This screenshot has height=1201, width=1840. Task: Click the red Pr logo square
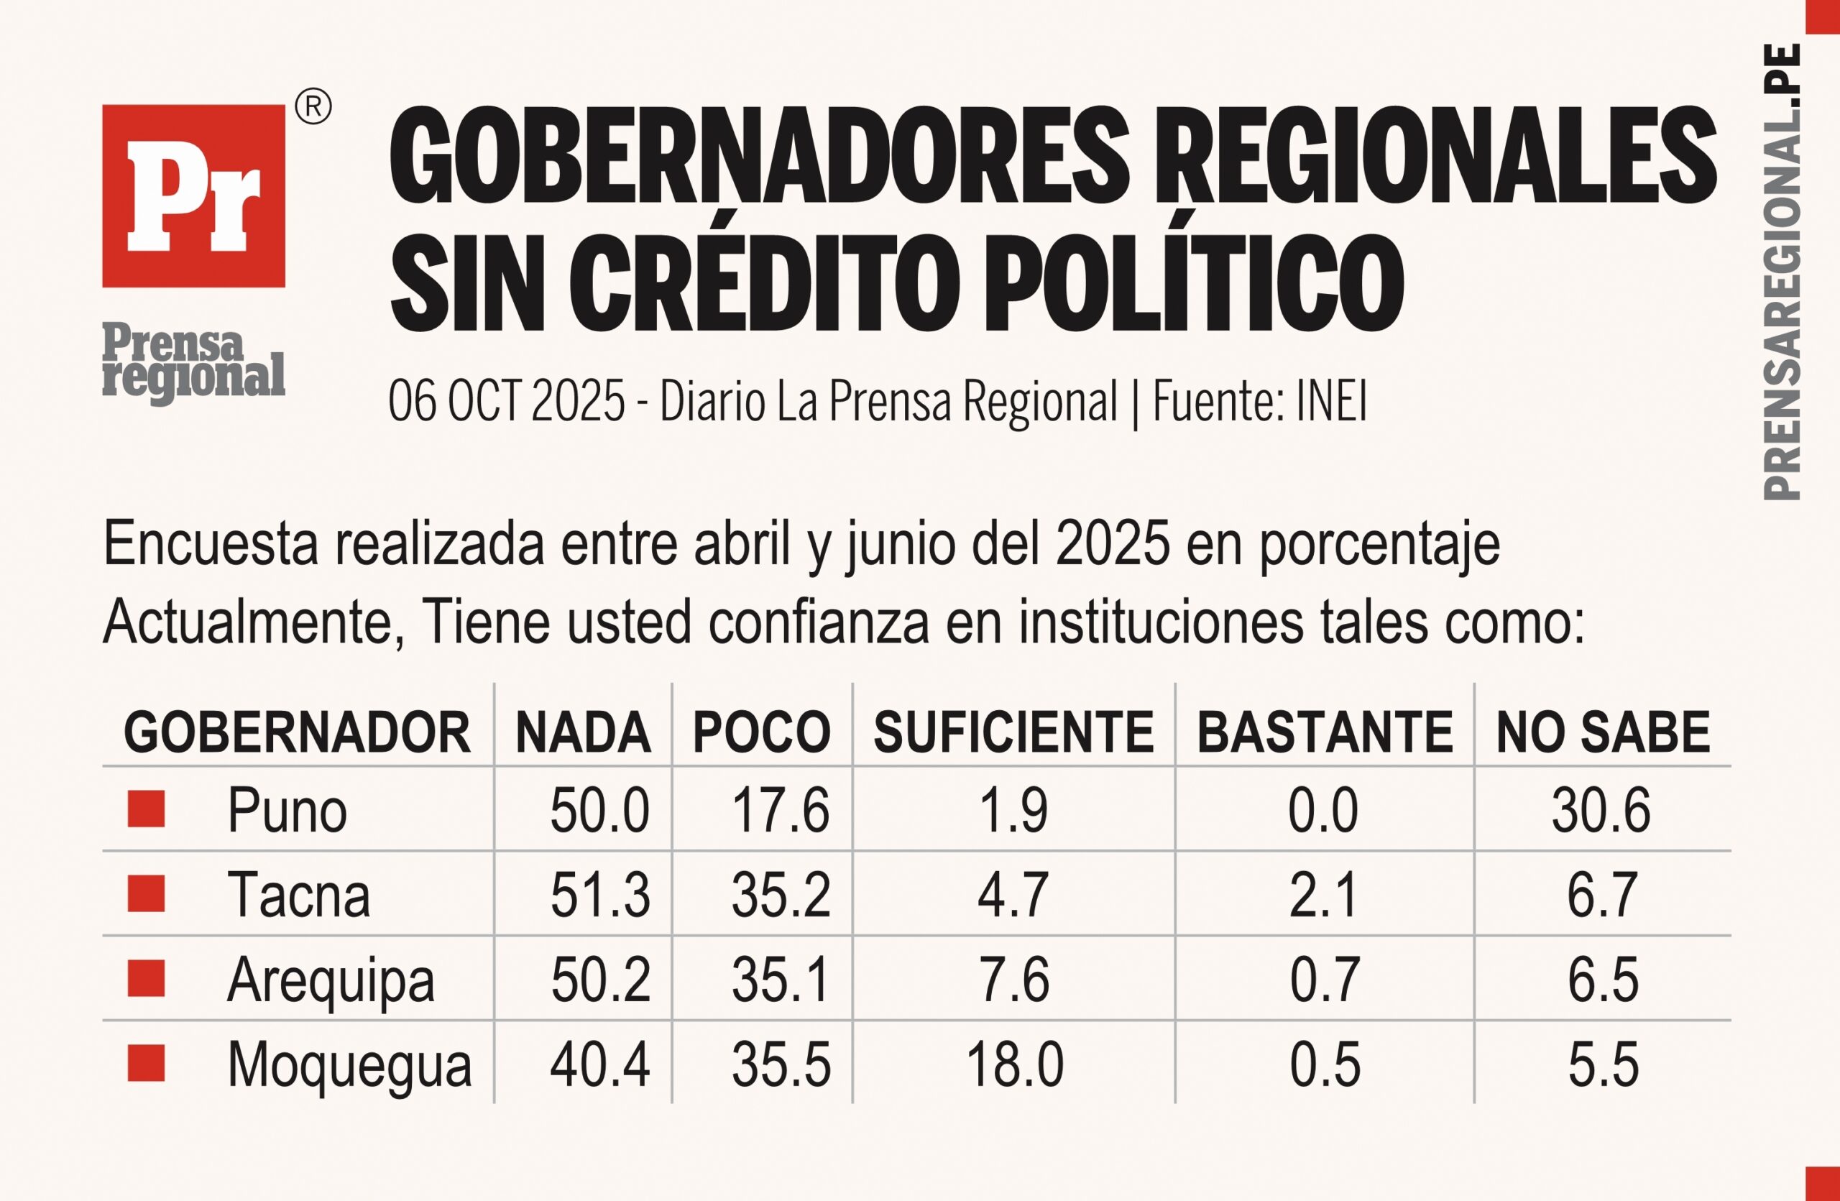click(x=193, y=195)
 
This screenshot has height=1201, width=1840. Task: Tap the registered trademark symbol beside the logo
click(x=313, y=107)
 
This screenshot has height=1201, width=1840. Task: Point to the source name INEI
click(x=1331, y=401)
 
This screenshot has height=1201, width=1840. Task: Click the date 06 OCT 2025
click(x=507, y=401)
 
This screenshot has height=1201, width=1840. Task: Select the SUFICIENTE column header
click(x=1013, y=732)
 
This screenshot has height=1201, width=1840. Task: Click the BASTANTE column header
click(x=1325, y=732)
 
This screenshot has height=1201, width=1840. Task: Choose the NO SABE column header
click(x=1604, y=732)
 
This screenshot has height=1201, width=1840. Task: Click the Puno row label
click(x=287, y=811)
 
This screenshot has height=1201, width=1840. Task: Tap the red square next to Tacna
click(x=146, y=894)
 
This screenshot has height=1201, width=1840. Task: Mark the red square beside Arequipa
click(x=146, y=978)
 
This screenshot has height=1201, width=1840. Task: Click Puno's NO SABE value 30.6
click(x=1601, y=811)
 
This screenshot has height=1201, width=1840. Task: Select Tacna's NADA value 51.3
click(x=600, y=895)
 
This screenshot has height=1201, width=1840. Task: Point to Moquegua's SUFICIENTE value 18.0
click(x=1014, y=1065)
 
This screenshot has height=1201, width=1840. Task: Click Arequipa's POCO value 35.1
click(x=781, y=980)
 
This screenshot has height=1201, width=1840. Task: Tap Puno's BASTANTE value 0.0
click(x=1322, y=811)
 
